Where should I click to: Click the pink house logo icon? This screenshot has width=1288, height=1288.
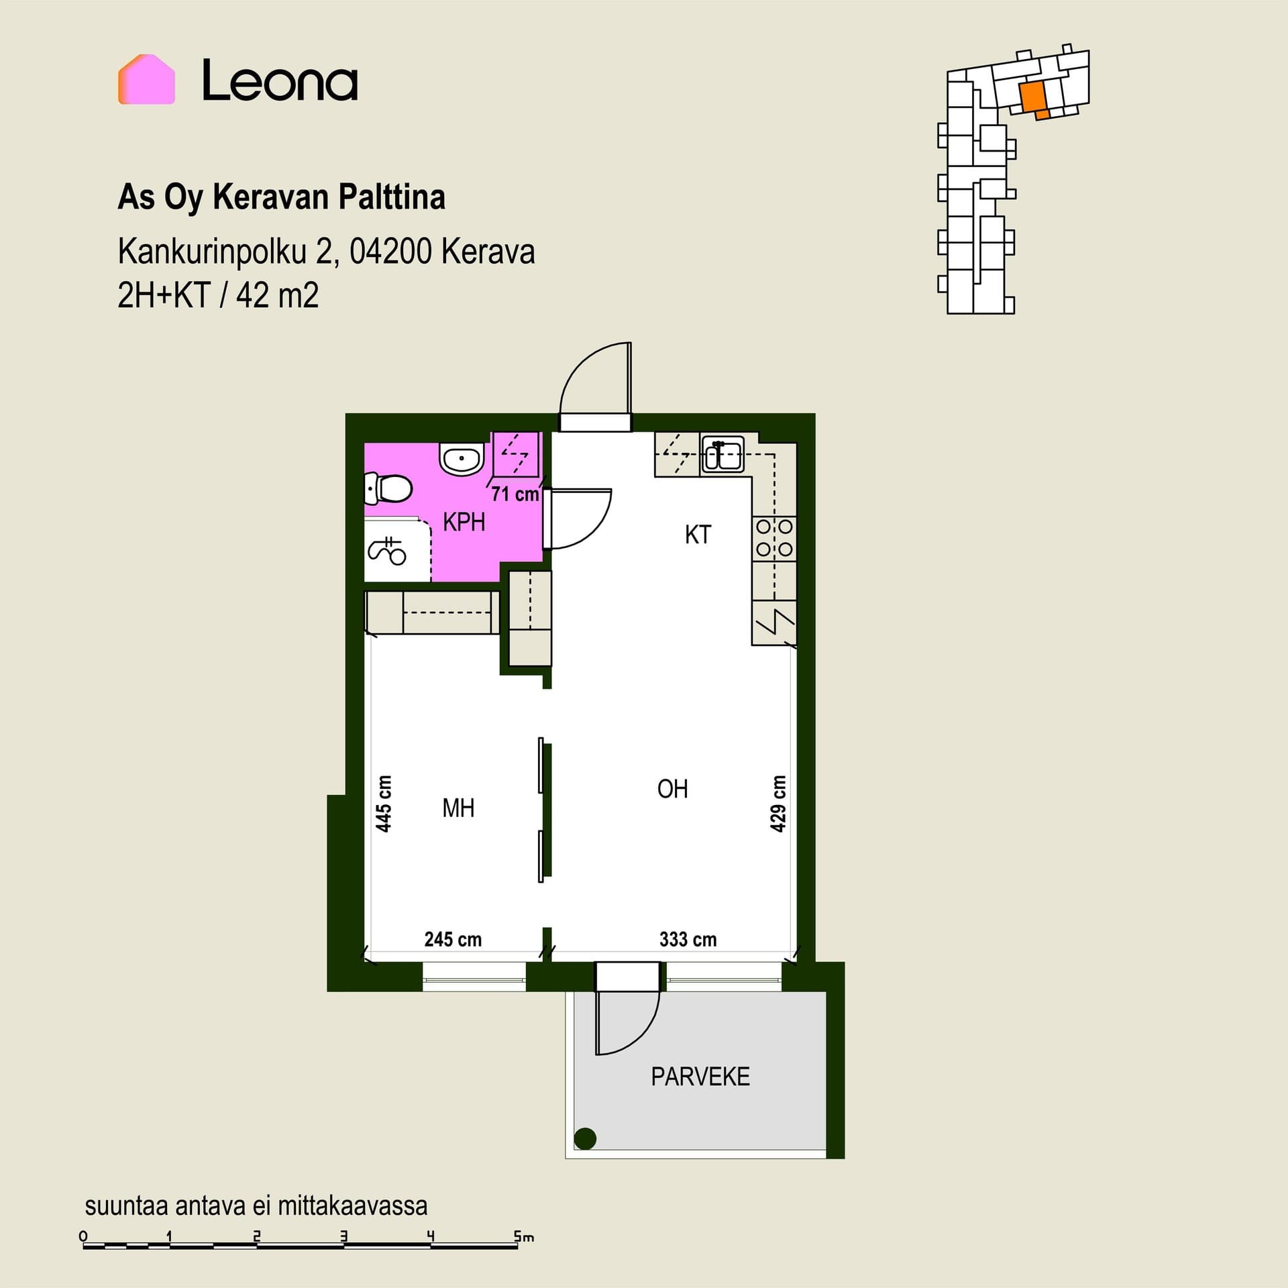click(146, 80)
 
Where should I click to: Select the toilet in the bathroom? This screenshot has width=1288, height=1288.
click(387, 488)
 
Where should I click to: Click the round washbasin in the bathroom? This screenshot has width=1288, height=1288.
click(462, 459)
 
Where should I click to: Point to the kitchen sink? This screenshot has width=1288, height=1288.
click(722, 455)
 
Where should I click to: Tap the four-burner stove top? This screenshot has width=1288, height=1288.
click(774, 538)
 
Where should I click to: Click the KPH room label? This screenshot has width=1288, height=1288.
click(464, 522)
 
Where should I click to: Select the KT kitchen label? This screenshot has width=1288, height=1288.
click(698, 535)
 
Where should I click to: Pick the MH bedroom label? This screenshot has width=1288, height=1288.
click(458, 808)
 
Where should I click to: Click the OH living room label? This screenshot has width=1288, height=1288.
click(673, 789)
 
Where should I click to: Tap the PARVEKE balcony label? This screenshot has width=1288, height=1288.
click(700, 1077)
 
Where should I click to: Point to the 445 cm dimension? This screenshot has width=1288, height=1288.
click(383, 804)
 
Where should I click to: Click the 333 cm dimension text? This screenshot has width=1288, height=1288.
click(688, 939)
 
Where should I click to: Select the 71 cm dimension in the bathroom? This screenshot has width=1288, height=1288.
click(515, 494)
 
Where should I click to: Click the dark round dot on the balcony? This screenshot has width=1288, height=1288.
click(586, 1138)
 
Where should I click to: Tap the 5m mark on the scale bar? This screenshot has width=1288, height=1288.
click(524, 1236)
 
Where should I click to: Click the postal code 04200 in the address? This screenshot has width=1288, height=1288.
click(390, 252)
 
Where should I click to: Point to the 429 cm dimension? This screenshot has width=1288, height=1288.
click(777, 804)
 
